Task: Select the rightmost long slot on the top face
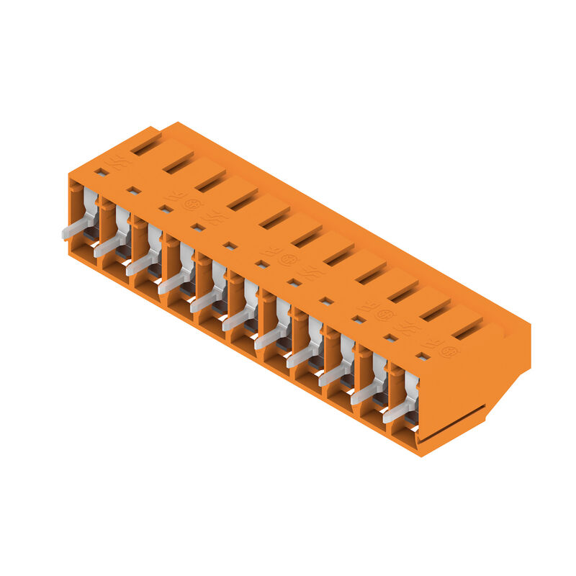coord(467,332)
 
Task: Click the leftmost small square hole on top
coord(102,172)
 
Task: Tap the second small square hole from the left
coord(134,191)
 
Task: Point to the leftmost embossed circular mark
coord(192,204)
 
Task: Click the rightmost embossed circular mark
coord(449,351)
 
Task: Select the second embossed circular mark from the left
coord(288,259)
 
